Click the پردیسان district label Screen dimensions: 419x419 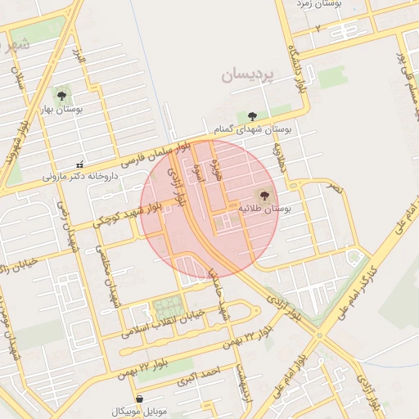point(250,76)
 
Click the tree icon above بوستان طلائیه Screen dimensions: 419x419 point(264,196)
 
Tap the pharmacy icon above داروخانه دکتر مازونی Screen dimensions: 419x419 point(79,164)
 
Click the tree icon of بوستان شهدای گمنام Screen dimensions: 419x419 point(252,117)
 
